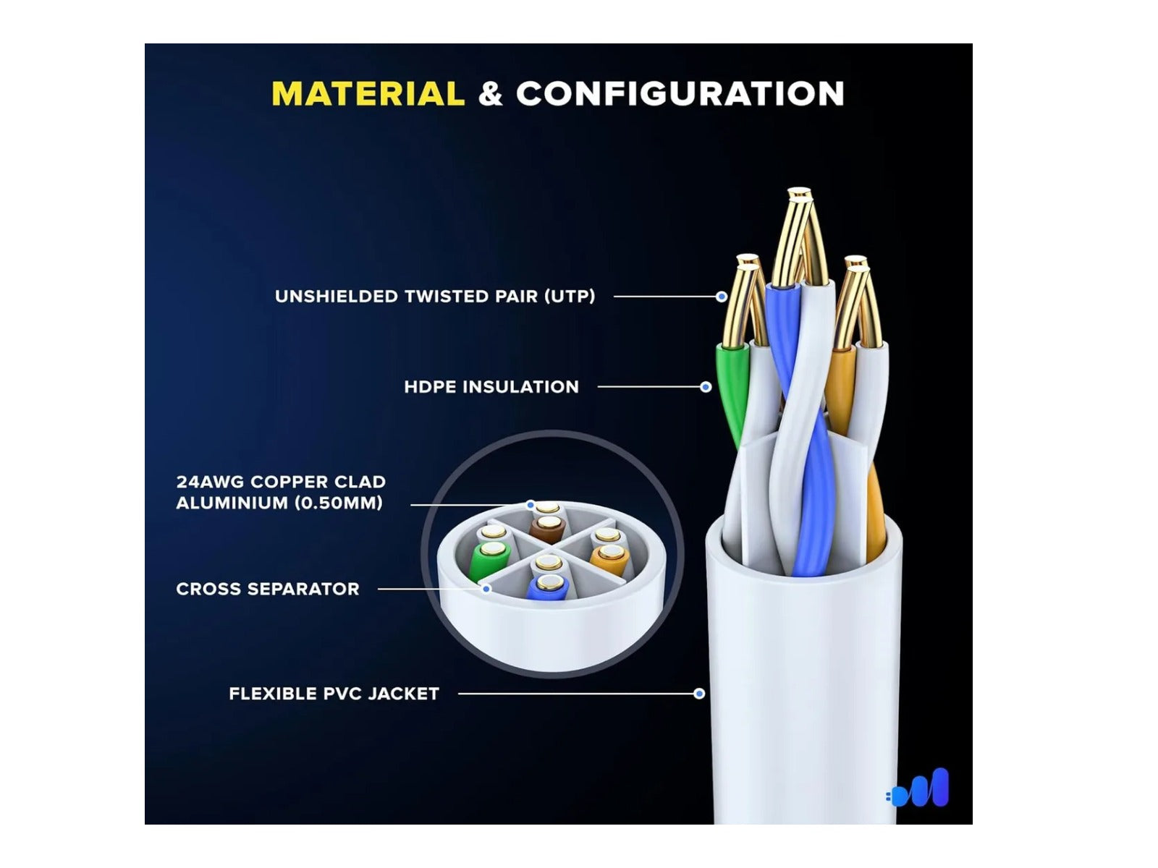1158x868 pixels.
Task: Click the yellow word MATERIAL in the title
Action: tap(368, 94)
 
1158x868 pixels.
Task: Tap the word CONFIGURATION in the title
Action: tap(680, 94)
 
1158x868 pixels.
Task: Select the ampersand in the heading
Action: tap(490, 94)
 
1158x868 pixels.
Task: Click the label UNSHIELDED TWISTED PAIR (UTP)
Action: tap(435, 296)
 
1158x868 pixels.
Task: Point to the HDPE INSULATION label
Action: tap(491, 387)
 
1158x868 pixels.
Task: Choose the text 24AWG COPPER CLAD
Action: tap(281, 482)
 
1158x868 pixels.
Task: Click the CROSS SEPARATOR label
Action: tap(268, 589)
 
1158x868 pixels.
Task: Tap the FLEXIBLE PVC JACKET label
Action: tap(334, 694)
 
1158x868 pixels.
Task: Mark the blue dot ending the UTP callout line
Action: tap(722, 297)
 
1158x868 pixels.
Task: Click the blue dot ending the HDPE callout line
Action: tap(706, 388)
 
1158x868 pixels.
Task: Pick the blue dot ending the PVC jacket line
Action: tap(699, 694)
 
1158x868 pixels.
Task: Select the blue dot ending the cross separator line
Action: tap(486, 589)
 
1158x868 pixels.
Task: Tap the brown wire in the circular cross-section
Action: tap(548, 529)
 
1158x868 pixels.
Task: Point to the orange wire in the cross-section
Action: tap(608, 558)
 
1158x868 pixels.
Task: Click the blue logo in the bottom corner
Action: tap(918, 788)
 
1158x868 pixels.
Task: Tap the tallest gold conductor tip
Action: tap(799, 194)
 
